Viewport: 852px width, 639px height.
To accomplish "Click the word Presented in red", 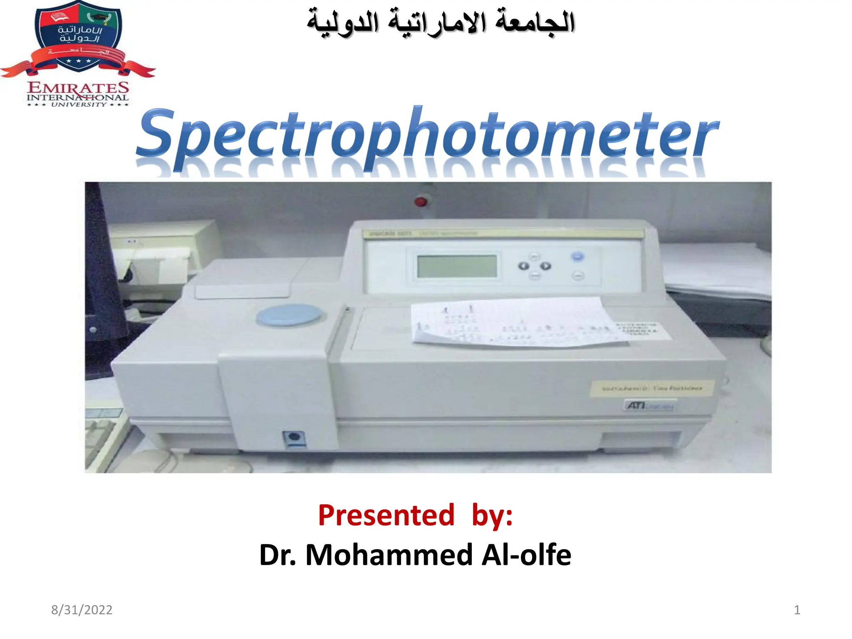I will coord(386,515).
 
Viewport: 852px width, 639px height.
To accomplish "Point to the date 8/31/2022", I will coord(82,610).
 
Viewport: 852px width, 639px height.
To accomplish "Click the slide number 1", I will coord(797,610).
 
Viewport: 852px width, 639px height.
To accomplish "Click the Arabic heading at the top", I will coord(441,23).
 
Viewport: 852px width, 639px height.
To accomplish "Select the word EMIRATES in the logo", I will coord(78,88).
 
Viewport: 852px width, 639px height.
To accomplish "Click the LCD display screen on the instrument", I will coord(457,266).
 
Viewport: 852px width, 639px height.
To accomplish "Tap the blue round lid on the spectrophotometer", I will coord(288,315).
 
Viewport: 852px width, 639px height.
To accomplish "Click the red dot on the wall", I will coord(421,202).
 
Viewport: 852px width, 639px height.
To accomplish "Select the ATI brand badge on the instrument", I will coord(649,405).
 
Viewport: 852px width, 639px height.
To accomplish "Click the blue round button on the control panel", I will coord(577,256).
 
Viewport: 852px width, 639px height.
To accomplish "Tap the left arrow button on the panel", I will coord(523,266).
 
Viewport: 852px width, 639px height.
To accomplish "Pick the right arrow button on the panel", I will coord(545,266).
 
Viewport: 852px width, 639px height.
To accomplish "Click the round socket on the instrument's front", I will coord(294,437).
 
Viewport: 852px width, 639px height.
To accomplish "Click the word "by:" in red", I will coord(492,515).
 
